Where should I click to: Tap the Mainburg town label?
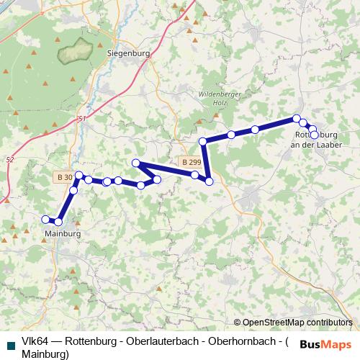tap(62, 234)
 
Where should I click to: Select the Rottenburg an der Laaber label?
tap(317, 140)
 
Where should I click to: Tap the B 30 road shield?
tap(64, 177)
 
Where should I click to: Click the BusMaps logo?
tap(326, 343)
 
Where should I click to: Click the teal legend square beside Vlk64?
tap(9, 341)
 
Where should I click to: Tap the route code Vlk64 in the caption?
tap(35, 341)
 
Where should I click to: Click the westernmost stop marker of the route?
tap(46, 220)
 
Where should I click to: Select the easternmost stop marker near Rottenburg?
tap(314, 135)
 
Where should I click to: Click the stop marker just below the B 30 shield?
tap(73, 191)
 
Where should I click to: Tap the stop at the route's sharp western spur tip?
tap(135, 163)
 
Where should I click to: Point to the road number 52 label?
tap(9, 159)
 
